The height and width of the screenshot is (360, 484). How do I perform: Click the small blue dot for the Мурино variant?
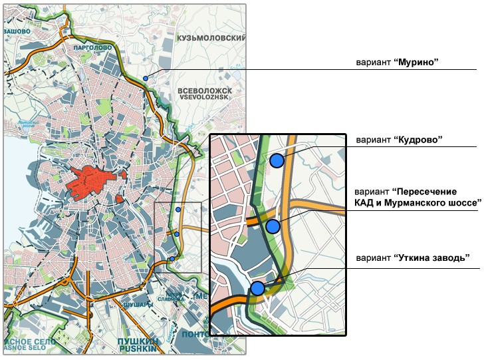coord(145,79)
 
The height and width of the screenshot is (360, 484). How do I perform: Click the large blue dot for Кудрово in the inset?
coord(277,160)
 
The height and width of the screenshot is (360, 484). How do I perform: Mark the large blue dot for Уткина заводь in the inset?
coord(257,288)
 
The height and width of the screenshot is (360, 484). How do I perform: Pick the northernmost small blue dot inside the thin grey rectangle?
coord(178,210)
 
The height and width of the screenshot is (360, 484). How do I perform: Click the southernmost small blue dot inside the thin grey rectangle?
coord(172,259)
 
